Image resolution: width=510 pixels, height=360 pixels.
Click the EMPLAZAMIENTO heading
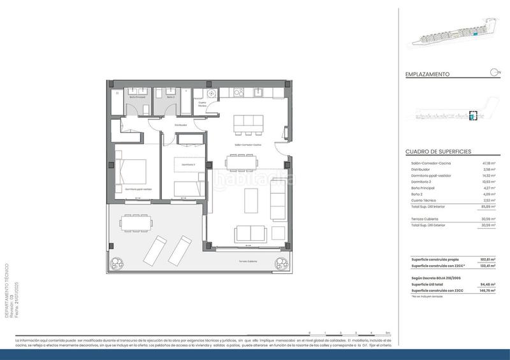[x=427, y=74]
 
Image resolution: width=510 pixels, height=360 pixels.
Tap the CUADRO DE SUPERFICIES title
[x=438, y=152]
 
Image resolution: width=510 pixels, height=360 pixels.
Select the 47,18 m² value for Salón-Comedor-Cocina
[x=490, y=164]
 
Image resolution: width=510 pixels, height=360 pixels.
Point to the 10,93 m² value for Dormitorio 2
[x=490, y=182]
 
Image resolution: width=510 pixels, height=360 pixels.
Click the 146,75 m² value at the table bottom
[x=488, y=291]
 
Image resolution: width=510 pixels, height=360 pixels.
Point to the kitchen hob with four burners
[x=238, y=92]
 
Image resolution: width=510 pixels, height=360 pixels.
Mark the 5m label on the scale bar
[x=388, y=333]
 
